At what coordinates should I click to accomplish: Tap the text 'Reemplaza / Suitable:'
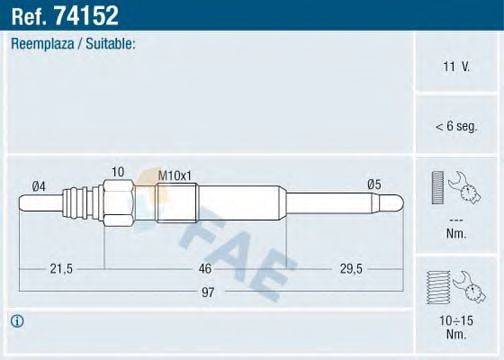[72, 45]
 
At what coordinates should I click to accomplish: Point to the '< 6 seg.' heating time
[457, 125]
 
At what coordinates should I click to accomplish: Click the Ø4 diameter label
[39, 184]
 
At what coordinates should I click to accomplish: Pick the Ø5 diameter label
[374, 183]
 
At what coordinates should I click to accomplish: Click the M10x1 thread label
[175, 176]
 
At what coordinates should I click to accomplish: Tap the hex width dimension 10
[117, 172]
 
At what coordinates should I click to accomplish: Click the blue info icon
[17, 322]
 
